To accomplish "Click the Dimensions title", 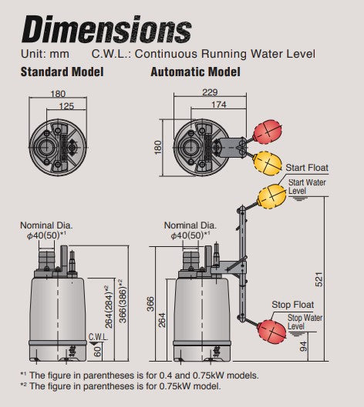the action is [106, 28].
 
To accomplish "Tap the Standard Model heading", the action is [62, 72].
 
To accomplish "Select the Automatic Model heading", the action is [195, 72].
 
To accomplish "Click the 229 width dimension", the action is [210, 92].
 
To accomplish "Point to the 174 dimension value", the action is [219, 105].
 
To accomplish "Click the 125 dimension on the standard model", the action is [66, 106].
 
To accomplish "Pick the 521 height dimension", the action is [319, 279].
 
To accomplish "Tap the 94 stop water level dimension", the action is [303, 346].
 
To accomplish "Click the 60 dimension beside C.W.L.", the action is [97, 352].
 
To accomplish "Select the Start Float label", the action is [307, 168].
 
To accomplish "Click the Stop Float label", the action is [293, 305].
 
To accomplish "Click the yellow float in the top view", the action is [268, 164].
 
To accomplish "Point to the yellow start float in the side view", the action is [271, 196].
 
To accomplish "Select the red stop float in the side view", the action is [271, 332].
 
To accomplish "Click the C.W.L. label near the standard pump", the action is [99, 337].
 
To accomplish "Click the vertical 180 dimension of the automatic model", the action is [158, 148].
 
